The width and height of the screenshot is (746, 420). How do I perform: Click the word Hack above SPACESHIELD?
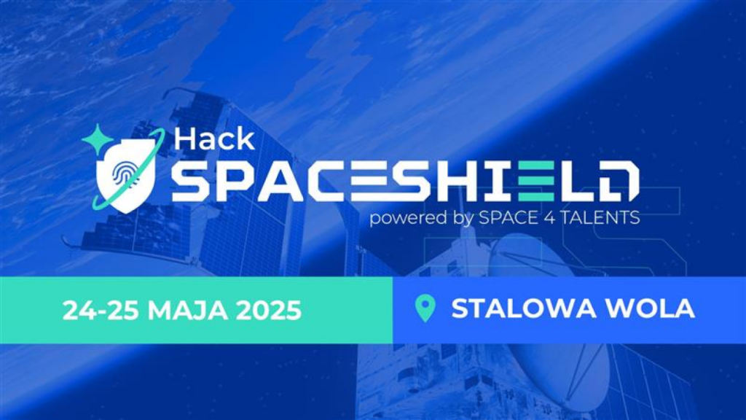point(214,139)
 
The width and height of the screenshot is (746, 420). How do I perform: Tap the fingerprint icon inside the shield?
point(124,174)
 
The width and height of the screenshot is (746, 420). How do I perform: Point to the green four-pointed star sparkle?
point(97,139)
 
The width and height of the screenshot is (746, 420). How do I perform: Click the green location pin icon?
point(425,308)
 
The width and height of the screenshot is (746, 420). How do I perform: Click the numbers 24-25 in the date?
point(101,311)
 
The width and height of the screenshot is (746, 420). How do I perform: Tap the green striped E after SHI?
point(535,181)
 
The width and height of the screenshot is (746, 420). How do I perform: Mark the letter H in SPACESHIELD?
point(461,181)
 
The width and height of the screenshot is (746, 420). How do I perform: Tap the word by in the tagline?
point(462,218)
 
